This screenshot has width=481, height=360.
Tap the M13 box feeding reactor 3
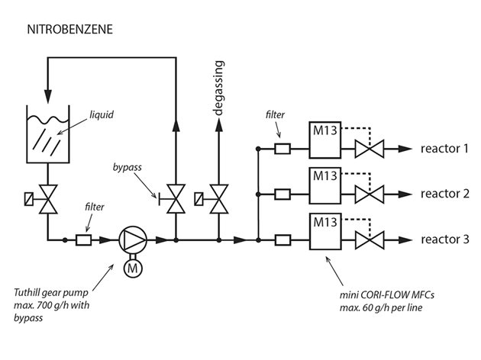pyautogui.click(x=325, y=232)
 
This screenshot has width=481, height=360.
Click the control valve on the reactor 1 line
pyautogui.click(x=372, y=149)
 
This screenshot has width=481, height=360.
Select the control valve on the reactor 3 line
pyautogui.click(x=372, y=240)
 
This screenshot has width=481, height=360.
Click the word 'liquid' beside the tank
pyautogui.click(x=102, y=114)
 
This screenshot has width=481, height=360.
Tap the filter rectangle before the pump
pyautogui.click(x=83, y=239)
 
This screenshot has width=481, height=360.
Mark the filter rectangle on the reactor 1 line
pyautogui.click(x=282, y=149)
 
